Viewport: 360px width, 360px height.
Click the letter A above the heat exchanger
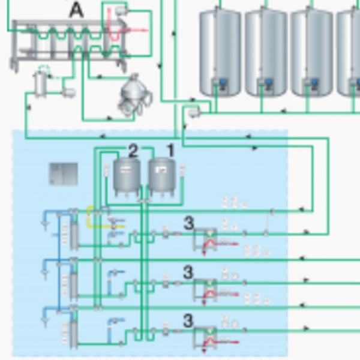(x=76, y=10)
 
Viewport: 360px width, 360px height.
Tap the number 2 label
(x=133, y=151)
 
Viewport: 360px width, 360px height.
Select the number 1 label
(x=170, y=151)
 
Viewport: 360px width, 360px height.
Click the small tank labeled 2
(x=126, y=176)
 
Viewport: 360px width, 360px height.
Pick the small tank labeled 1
(x=161, y=176)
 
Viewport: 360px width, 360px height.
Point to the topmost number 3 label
(x=188, y=223)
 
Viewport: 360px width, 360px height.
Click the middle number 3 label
(x=188, y=272)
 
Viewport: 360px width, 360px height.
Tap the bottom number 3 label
(x=188, y=321)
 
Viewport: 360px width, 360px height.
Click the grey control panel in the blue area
(x=63, y=173)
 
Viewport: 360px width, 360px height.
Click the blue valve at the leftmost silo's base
(x=222, y=82)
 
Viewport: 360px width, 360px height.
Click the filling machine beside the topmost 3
(x=208, y=239)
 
